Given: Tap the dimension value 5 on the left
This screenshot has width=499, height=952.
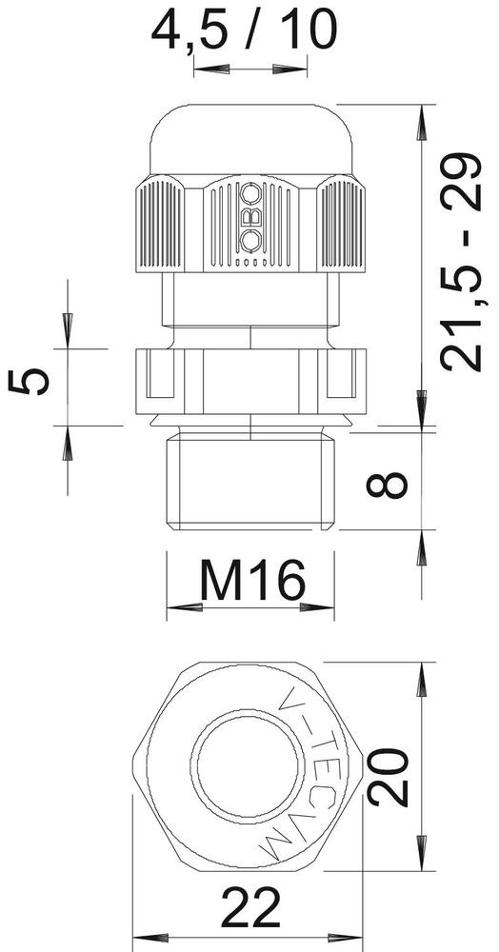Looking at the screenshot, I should pos(28,382).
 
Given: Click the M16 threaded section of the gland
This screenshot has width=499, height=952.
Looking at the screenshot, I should pos(250,481).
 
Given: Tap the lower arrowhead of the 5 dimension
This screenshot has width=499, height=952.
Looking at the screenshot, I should pos(69,444).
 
